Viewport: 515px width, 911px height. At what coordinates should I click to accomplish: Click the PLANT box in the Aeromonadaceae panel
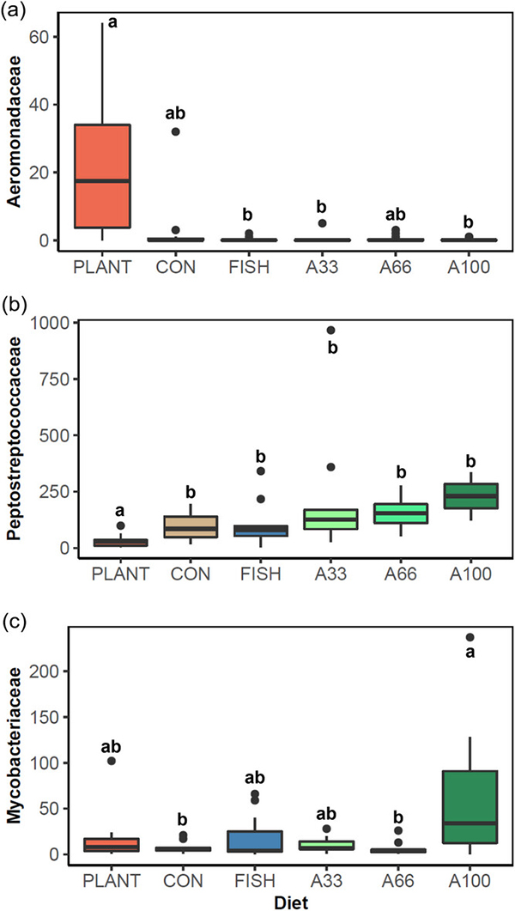tap(102, 176)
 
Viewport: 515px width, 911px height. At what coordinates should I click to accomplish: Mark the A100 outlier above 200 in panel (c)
tap(469, 637)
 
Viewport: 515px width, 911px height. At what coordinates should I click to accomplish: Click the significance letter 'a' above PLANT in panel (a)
tap(112, 21)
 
